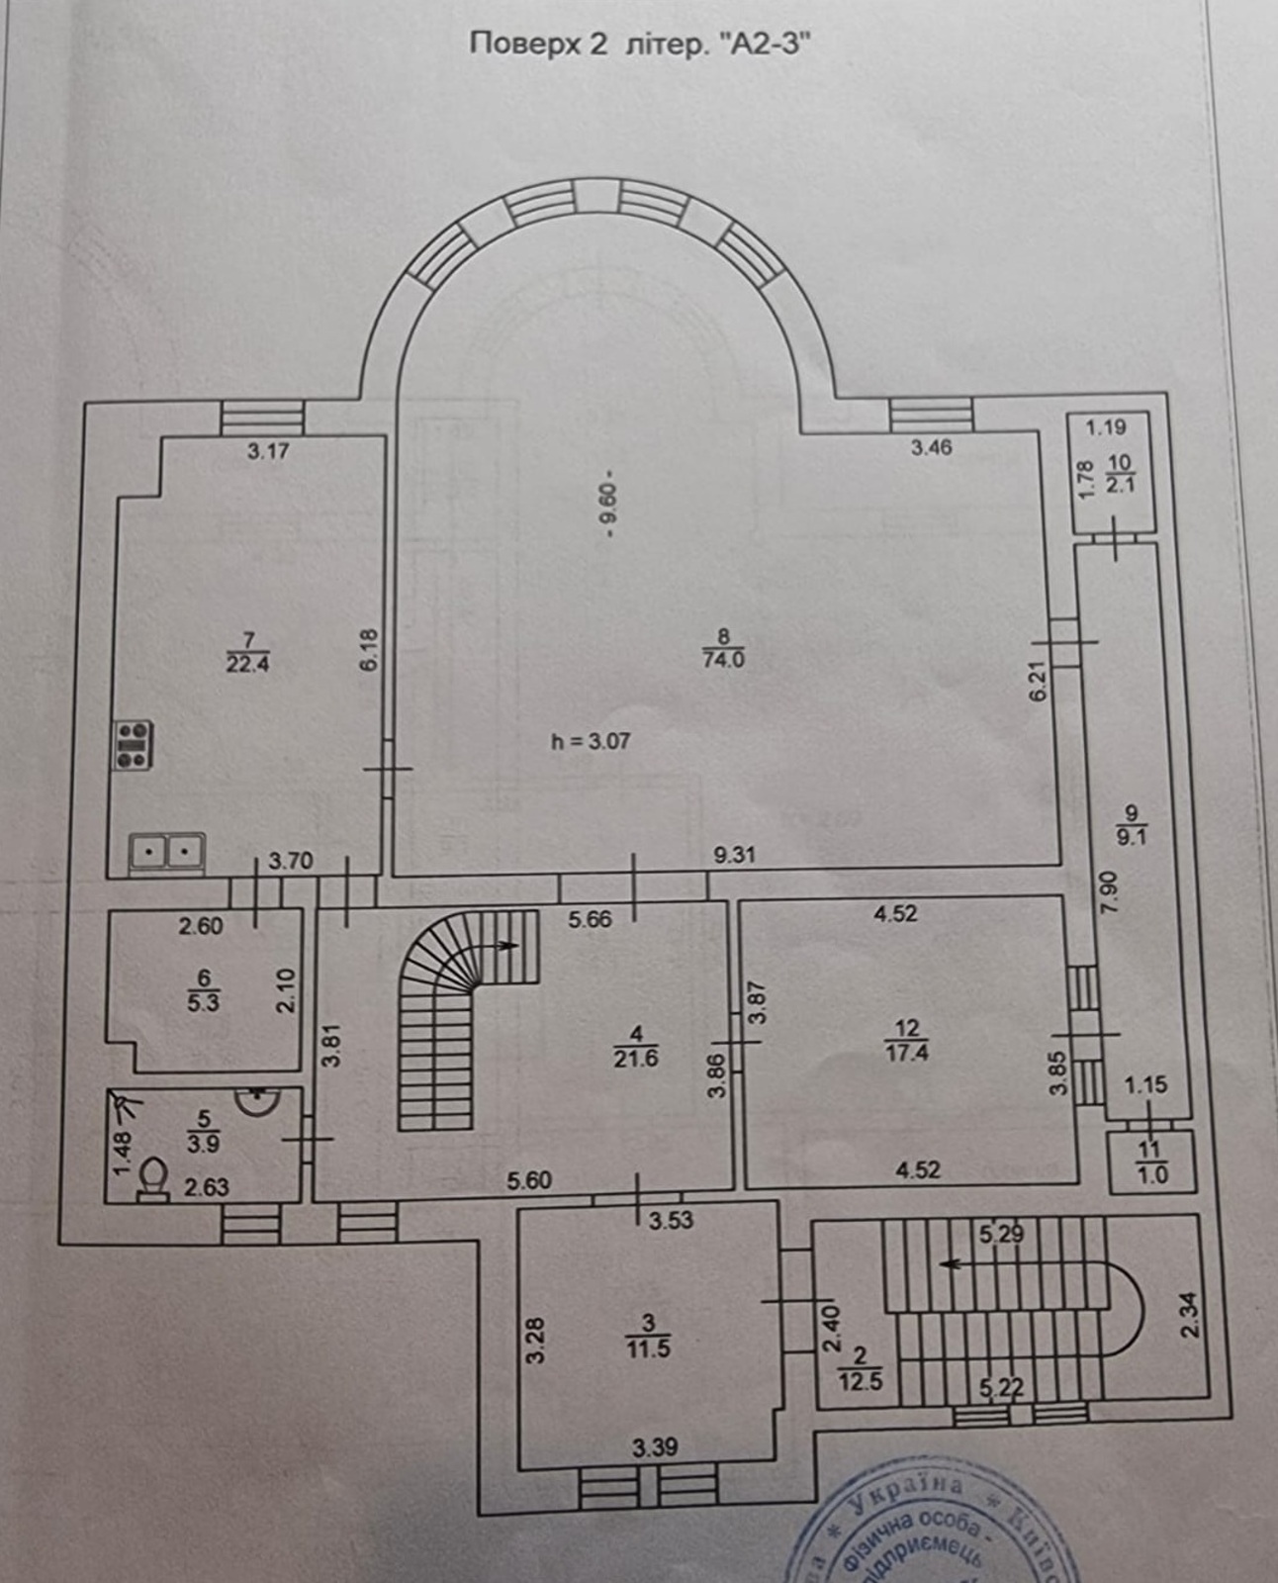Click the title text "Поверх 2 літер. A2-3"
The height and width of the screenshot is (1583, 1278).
click(x=633, y=45)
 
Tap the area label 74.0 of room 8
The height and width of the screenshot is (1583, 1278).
click(x=723, y=660)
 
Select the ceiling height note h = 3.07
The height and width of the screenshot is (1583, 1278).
click(x=591, y=741)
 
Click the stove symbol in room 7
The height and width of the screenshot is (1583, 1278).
click(x=134, y=745)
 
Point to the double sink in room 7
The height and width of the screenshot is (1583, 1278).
click(x=166, y=851)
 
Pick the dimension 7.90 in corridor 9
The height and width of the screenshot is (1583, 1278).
click(x=1108, y=890)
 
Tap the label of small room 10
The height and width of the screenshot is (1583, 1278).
click(x=1120, y=473)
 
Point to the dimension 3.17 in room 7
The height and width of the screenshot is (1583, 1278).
click(x=267, y=451)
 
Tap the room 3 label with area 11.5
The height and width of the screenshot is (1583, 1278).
click(x=648, y=1335)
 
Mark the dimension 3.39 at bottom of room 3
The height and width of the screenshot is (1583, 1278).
click(x=654, y=1447)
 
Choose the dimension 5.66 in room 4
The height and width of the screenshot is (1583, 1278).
click(x=590, y=919)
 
